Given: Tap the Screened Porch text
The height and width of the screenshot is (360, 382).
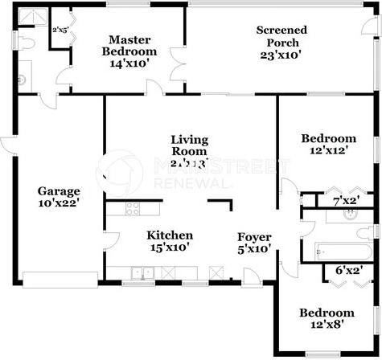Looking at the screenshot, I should [x=281, y=36].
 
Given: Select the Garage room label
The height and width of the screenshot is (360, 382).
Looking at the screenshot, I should [x=60, y=191].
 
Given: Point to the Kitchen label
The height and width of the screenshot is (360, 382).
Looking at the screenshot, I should [x=169, y=235].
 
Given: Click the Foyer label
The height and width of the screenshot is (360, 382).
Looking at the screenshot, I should [x=253, y=237].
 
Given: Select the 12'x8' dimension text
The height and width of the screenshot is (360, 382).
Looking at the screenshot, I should [x=327, y=325].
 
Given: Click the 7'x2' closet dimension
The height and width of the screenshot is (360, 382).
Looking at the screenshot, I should [x=349, y=199].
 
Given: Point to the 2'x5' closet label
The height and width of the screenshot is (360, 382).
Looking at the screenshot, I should [x=60, y=30].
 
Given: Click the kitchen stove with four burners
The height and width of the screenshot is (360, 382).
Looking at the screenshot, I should [x=133, y=208].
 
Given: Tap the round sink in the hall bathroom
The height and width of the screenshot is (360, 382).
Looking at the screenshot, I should [x=351, y=215].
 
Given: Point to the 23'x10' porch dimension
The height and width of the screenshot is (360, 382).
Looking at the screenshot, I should [x=281, y=55].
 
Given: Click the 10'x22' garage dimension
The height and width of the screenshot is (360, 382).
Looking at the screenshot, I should [x=60, y=204].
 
